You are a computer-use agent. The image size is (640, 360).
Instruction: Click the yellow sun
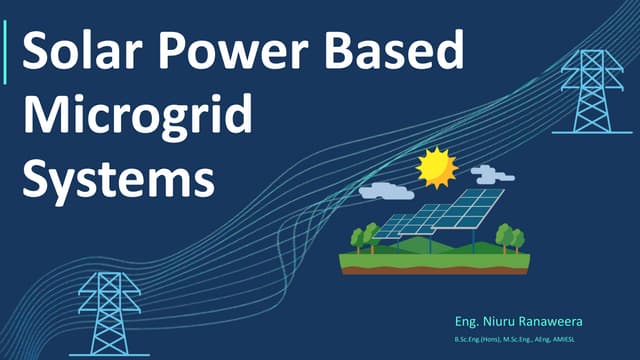(x=436, y=167)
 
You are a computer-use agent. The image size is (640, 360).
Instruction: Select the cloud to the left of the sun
(x=385, y=190)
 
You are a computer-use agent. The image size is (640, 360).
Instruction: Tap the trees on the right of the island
(x=510, y=238)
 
